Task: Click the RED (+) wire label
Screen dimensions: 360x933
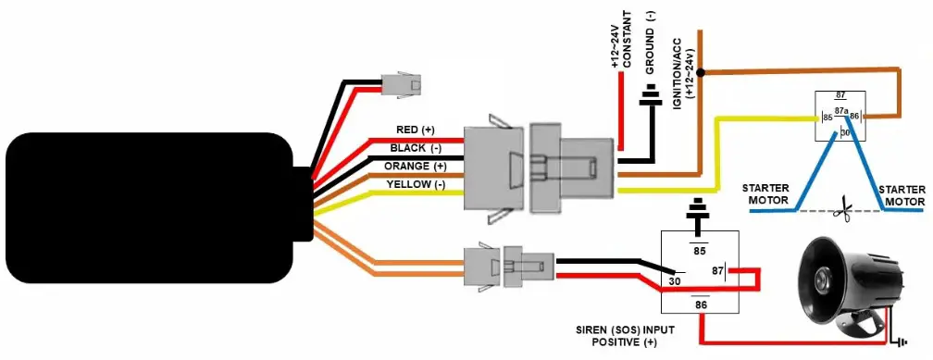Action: pos(415,130)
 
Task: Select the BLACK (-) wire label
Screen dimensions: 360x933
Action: pos(415,148)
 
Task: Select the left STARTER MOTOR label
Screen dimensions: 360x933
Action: pos(765,194)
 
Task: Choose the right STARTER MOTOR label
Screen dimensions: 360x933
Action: pos(902,194)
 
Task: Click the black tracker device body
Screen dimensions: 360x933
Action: pos(148,208)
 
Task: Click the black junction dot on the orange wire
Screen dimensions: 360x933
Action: pos(702,71)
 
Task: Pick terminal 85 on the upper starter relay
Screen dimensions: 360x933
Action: pos(827,118)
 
